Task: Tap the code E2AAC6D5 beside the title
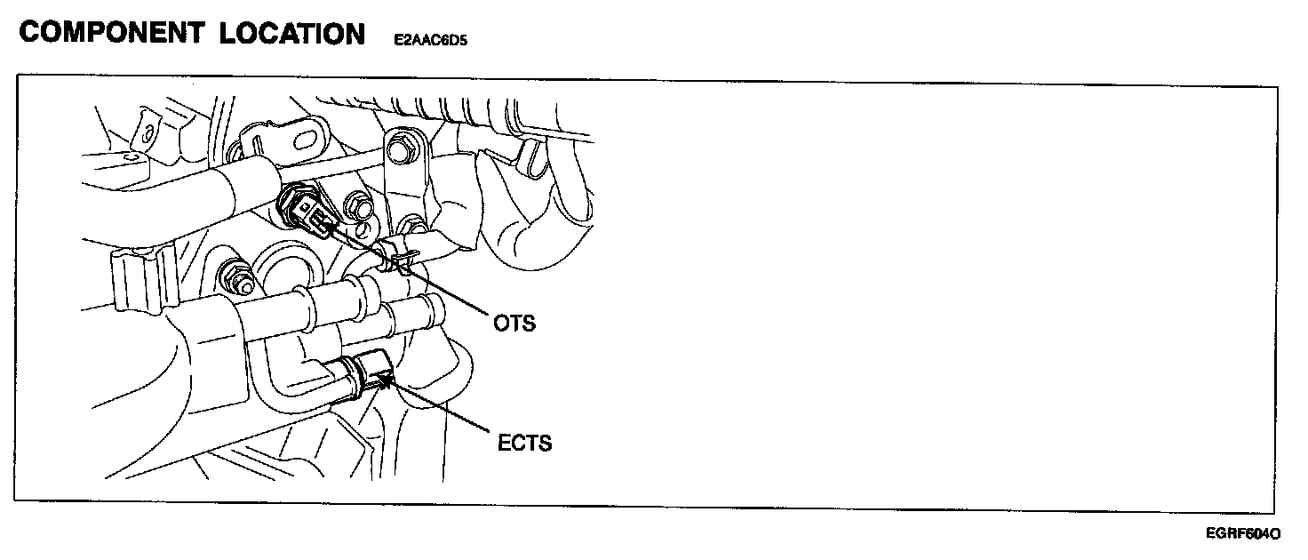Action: [429, 40]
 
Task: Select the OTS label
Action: [515, 323]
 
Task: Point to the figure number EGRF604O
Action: [1243, 533]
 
